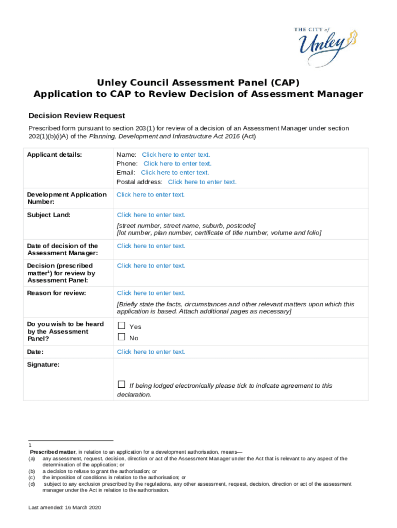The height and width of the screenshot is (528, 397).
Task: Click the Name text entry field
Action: click(176, 155)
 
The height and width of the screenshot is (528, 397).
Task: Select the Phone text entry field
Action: click(177, 163)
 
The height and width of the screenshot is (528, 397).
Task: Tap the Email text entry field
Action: click(175, 173)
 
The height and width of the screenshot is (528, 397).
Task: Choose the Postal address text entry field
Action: click(202, 182)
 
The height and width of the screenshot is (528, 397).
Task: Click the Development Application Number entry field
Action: click(151, 194)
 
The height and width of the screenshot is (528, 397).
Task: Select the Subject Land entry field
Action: click(151, 215)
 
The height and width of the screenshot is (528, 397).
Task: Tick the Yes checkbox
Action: click(122, 326)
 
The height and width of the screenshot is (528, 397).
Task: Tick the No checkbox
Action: click(122, 337)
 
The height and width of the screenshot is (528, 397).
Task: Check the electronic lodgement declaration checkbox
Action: click(122, 385)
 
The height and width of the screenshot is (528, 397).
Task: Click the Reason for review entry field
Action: click(151, 293)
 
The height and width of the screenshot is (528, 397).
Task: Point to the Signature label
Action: click(43, 365)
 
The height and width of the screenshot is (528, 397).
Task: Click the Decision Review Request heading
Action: click(76, 115)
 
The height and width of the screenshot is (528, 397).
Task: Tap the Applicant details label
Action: click(54, 155)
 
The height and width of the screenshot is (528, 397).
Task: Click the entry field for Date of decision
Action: click(151, 246)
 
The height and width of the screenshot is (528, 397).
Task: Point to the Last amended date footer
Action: click(64, 508)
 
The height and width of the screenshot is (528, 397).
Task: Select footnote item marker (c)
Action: click(31, 477)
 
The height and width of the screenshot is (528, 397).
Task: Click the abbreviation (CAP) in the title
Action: click(284, 82)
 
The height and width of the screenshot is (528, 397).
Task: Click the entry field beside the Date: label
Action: click(151, 352)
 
